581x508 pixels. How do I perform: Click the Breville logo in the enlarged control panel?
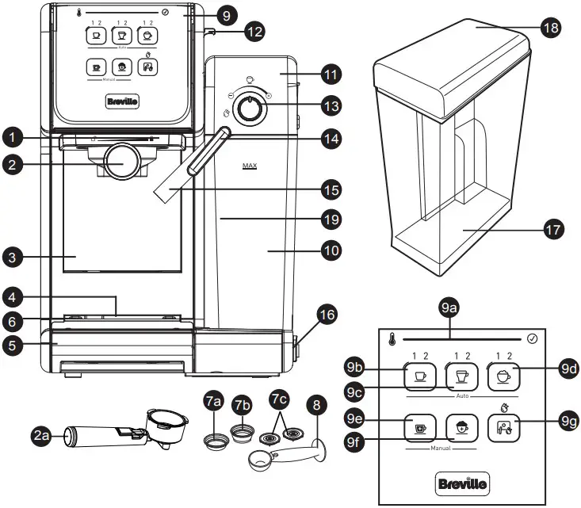click(x=462, y=482)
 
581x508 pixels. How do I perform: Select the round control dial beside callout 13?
click(x=250, y=110)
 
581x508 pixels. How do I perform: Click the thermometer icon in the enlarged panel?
click(x=393, y=340)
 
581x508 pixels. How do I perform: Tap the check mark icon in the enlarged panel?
click(x=532, y=339)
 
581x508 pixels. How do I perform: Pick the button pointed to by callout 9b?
click(x=419, y=374)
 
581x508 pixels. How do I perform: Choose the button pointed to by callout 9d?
click(x=503, y=374)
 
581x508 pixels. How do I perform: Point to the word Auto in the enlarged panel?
click(x=462, y=393)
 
